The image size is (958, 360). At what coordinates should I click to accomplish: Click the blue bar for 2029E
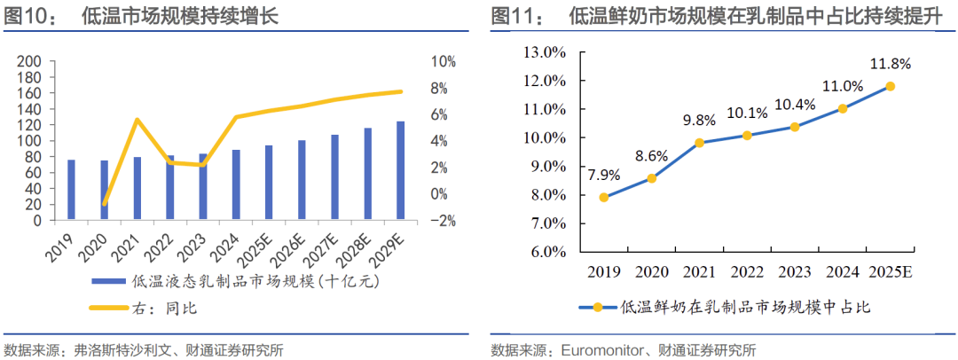(x=400, y=170)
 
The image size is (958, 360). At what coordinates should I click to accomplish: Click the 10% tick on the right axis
(x=444, y=61)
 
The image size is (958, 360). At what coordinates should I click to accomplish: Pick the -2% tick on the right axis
(x=444, y=220)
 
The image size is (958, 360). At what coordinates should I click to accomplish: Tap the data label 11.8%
(x=890, y=64)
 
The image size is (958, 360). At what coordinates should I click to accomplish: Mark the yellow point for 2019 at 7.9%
(x=603, y=198)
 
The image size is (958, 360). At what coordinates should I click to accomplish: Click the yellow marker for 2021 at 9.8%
(x=699, y=143)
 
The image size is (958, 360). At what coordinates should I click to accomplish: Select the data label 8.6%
(x=651, y=156)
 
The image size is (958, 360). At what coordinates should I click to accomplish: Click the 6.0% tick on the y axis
(x=546, y=252)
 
